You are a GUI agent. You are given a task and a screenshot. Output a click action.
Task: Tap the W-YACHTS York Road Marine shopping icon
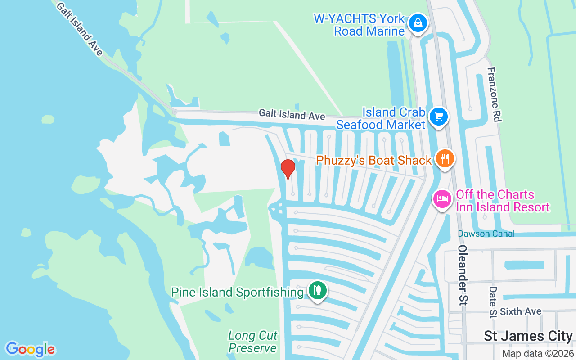[418, 22]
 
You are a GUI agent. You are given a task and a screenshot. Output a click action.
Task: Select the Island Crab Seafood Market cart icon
[439, 117]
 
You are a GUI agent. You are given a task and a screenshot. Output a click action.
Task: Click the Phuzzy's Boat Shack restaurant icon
[444, 158]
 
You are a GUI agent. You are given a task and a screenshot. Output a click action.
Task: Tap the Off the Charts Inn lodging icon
[442, 199]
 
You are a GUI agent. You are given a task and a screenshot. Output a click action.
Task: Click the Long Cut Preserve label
[252, 342]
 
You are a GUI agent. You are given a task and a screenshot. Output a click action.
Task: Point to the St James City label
[528, 336]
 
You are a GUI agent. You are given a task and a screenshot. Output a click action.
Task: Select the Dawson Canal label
[486, 234]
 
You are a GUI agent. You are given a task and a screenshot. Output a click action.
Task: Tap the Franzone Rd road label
[495, 94]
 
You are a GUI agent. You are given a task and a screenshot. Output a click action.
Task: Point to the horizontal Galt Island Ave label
[292, 115]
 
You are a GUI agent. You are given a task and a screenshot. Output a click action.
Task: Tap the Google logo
[31, 349]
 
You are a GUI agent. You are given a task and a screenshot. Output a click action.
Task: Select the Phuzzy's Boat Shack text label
[374, 160]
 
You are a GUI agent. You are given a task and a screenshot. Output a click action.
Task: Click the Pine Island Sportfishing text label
[237, 292]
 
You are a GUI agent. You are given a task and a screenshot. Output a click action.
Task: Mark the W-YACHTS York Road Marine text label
[360, 25]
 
